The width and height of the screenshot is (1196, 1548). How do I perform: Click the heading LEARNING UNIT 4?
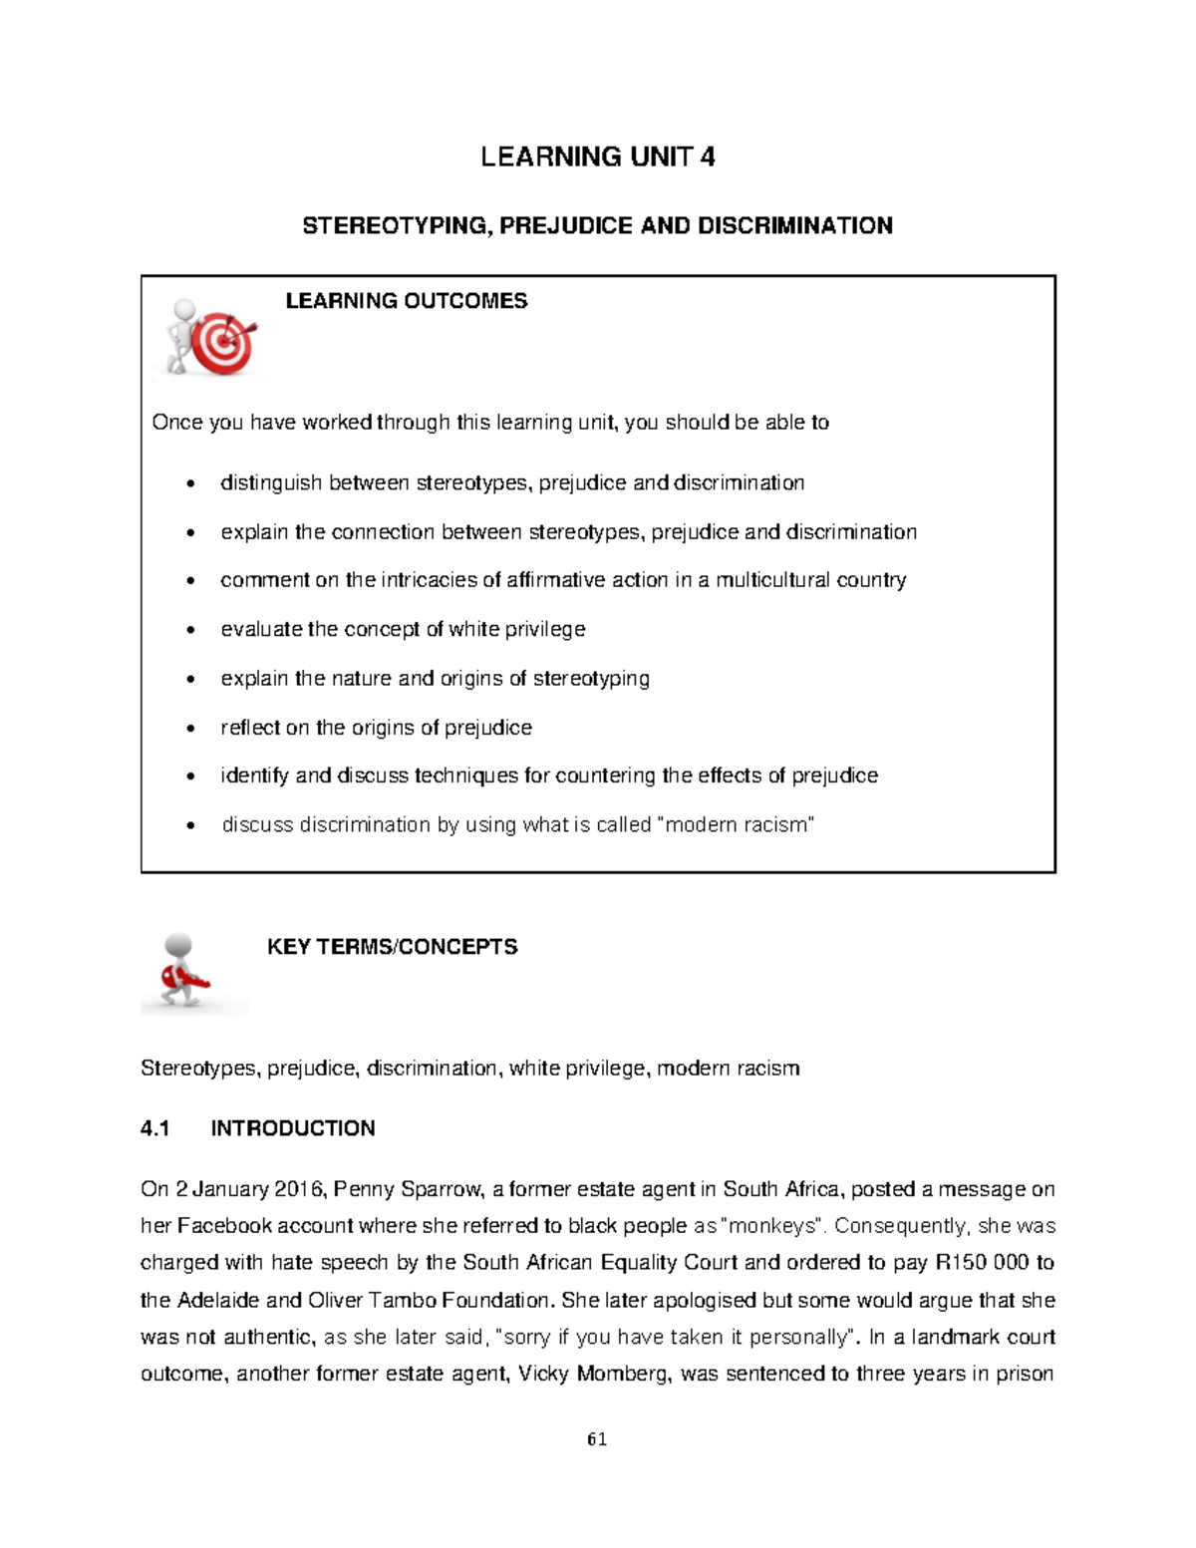597,156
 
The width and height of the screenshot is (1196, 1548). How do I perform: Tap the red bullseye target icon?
223,341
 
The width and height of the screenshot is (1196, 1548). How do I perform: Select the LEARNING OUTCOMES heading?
406,301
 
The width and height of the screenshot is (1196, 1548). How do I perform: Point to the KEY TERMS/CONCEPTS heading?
392,947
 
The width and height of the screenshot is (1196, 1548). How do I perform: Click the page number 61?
597,1438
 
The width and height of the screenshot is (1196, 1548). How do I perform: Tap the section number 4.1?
155,1128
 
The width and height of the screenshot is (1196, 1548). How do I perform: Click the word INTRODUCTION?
293,1128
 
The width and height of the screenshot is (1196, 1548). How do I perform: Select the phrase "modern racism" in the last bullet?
738,825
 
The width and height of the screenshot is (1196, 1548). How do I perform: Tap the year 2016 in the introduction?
296,1189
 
